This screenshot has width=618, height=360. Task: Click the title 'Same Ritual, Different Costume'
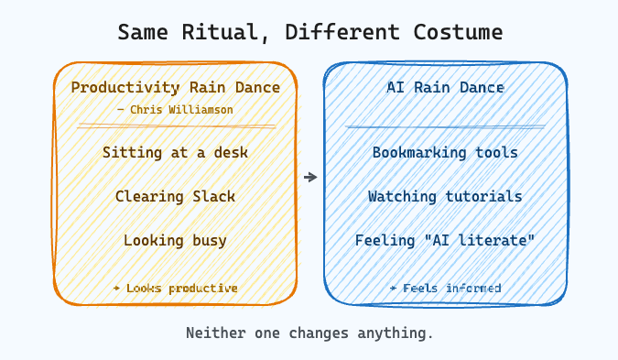point(309,32)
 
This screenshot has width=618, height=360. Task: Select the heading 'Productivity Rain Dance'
point(175,88)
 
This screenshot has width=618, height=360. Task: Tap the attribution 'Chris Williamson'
point(175,109)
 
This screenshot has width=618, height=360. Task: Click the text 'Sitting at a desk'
point(175,152)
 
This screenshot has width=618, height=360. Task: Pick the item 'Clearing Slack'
point(175,196)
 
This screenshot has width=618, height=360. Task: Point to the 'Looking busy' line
point(175,240)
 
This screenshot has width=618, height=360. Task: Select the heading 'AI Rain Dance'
point(445,88)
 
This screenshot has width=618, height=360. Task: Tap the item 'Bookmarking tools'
point(445,152)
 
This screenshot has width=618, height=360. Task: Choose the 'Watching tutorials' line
point(445,196)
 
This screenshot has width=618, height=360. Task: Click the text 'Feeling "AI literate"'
point(445,240)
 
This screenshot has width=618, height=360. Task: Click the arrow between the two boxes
point(310,177)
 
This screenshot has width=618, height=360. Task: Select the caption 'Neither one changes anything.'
point(309,333)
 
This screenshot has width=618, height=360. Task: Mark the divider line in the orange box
point(176,125)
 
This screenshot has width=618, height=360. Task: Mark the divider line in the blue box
point(445,126)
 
